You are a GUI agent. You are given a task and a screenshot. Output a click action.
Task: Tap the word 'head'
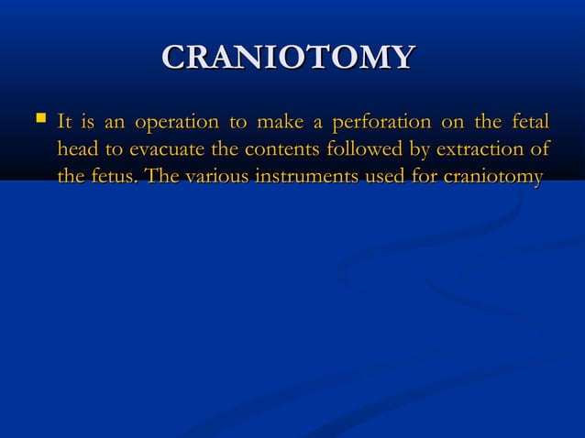(x=77, y=148)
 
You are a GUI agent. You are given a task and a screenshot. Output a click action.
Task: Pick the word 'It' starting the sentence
(x=65, y=122)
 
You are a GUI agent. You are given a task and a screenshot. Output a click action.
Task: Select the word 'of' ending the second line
(x=539, y=148)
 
